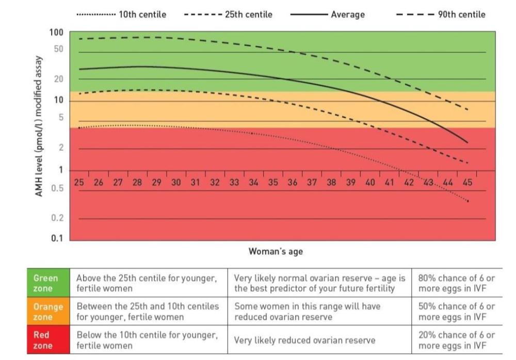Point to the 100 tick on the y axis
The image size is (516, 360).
[56, 33]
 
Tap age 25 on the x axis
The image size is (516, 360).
[79, 182]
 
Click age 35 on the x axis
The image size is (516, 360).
[273, 182]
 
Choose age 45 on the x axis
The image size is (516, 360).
[467, 182]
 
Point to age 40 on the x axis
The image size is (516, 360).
[370, 182]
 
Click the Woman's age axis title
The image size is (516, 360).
[276, 252]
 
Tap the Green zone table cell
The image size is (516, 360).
[47, 283]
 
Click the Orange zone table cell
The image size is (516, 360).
[47, 311]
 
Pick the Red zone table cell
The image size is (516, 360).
[47, 339]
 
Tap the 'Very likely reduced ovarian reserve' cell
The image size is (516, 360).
[304, 340]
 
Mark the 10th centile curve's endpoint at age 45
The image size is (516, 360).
[467, 201]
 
